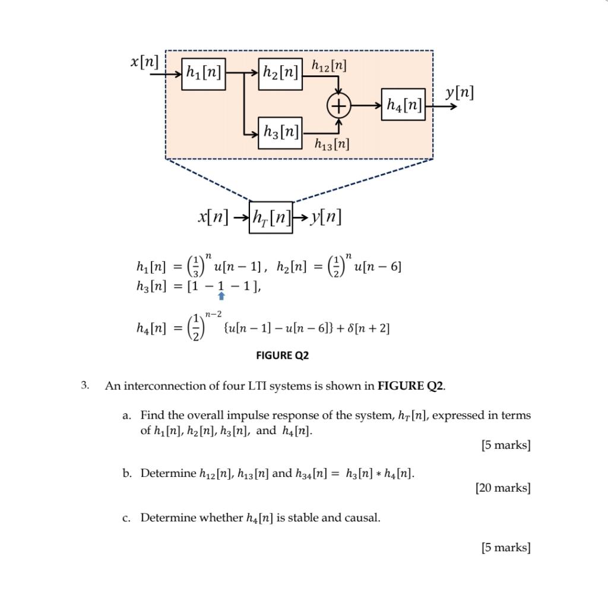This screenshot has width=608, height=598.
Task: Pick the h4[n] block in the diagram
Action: [404, 106]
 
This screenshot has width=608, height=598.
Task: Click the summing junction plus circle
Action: [338, 106]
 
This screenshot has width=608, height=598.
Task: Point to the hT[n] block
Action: [271, 218]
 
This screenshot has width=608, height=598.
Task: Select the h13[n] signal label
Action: [331, 144]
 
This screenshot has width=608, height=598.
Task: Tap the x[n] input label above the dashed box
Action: [145, 61]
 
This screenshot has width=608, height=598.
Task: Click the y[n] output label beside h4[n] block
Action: [460, 93]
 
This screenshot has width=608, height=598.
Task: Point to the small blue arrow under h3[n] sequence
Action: [221, 295]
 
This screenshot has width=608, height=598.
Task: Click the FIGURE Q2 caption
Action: [282, 356]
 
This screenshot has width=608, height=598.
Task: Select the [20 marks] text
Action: [502, 488]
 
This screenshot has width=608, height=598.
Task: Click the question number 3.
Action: [85, 385]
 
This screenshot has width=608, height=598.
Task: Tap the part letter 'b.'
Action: [126, 473]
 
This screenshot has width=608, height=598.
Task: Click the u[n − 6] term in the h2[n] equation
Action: [378, 267]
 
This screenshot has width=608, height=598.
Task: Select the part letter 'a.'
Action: [126, 415]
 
